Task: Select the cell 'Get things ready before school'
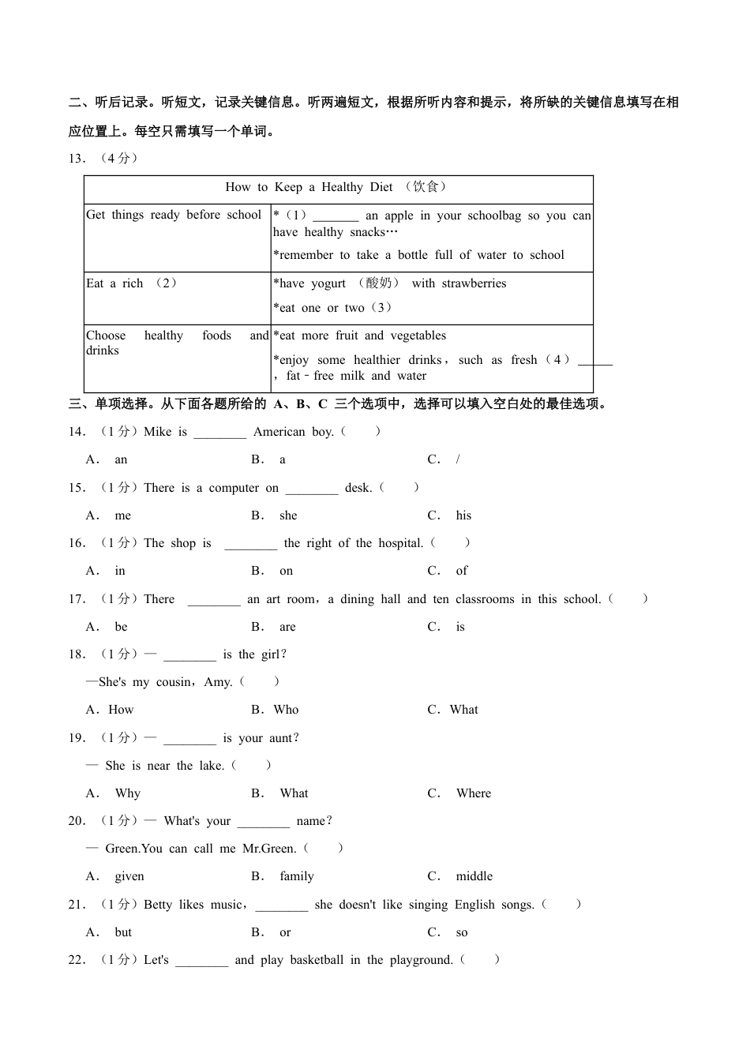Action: coord(174,215)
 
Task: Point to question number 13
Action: coord(77,158)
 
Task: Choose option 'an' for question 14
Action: coord(121,459)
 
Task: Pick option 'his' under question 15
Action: coord(463,516)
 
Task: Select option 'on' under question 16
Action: coord(286,571)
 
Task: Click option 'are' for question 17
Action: coord(287,627)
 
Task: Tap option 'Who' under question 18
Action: coord(286,710)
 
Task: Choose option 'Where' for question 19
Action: coord(474,793)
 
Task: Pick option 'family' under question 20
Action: coord(297,876)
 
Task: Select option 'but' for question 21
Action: coord(123,932)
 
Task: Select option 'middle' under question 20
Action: coord(474,876)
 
